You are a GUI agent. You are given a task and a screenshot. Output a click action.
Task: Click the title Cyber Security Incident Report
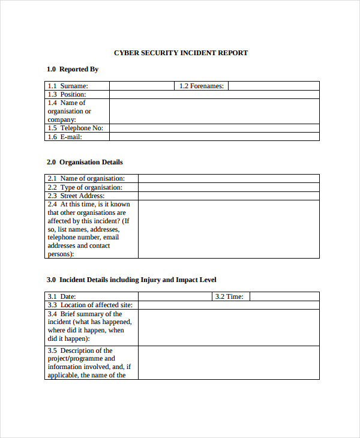click(x=181, y=53)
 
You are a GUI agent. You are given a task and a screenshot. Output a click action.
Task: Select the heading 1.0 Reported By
click(x=73, y=69)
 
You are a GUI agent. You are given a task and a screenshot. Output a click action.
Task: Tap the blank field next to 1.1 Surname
click(x=142, y=86)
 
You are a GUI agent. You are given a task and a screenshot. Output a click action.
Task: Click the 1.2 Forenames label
click(x=202, y=86)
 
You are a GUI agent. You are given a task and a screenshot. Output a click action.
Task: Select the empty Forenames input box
click(x=274, y=86)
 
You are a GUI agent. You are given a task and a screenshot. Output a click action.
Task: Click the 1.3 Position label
click(x=67, y=94)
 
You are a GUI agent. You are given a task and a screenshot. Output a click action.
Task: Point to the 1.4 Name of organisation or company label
click(x=70, y=111)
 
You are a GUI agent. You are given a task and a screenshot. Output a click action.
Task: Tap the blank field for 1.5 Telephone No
click(x=214, y=128)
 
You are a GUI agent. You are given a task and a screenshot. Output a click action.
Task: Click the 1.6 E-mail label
click(x=65, y=137)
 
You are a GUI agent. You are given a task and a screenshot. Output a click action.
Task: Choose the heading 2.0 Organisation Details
click(x=85, y=162)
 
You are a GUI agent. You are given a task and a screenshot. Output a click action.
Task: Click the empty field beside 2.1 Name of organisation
click(x=229, y=178)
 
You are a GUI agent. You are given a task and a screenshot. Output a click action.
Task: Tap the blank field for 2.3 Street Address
click(x=229, y=196)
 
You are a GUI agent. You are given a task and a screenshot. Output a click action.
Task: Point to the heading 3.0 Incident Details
click(x=131, y=280)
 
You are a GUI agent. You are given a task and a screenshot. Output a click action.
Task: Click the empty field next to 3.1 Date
click(x=175, y=296)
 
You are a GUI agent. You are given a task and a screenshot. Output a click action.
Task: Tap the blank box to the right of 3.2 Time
click(x=284, y=296)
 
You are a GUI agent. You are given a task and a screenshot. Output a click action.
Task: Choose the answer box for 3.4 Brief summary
click(x=229, y=327)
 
